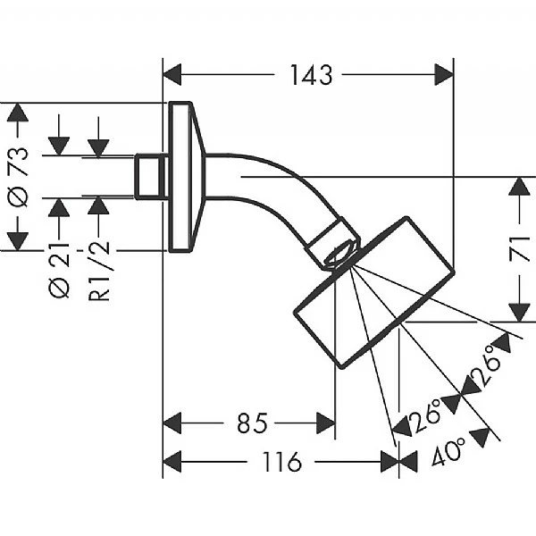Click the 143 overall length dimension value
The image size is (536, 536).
coord(309,75)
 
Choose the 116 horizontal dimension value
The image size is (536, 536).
coord(282,462)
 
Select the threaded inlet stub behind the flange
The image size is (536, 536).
coord(150,177)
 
